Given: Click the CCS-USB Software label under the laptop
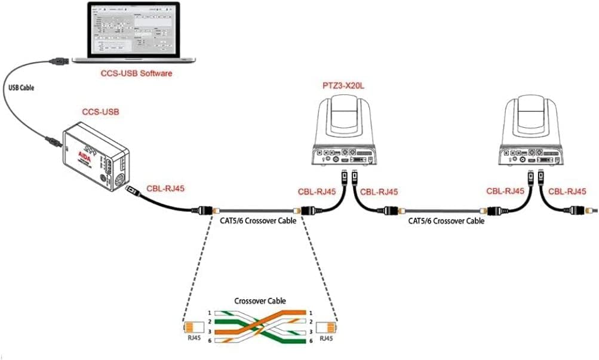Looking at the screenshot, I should (136, 73).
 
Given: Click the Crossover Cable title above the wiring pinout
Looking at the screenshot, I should (260, 300).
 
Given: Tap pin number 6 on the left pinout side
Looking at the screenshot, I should (209, 341).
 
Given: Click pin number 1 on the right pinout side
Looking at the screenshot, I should (311, 312).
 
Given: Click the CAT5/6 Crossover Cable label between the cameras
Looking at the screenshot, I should (446, 221).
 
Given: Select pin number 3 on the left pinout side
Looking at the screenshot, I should (209, 331).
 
